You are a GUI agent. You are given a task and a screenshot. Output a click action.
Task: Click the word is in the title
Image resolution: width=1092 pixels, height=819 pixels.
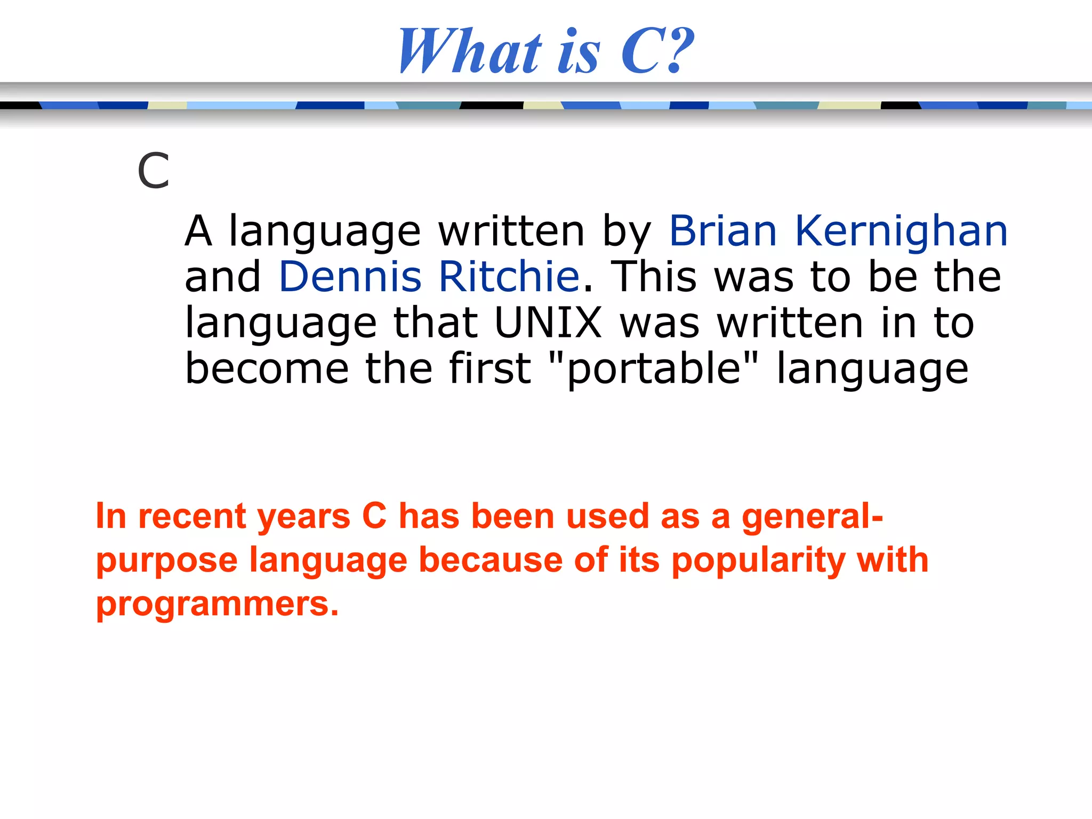pyautogui.click(x=579, y=52)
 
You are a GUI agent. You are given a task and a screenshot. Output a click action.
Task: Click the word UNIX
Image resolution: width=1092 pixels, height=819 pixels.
pyautogui.click(x=548, y=323)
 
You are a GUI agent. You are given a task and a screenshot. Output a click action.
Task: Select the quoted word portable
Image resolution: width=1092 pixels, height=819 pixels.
pyautogui.click(x=654, y=369)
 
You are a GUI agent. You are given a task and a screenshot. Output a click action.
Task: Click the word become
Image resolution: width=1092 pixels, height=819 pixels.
pyautogui.click(x=267, y=369)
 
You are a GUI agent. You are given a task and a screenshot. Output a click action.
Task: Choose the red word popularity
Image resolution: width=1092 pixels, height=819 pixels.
pyautogui.click(x=758, y=561)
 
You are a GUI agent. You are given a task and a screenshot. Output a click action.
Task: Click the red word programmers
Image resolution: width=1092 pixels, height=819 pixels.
pyautogui.click(x=217, y=605)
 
